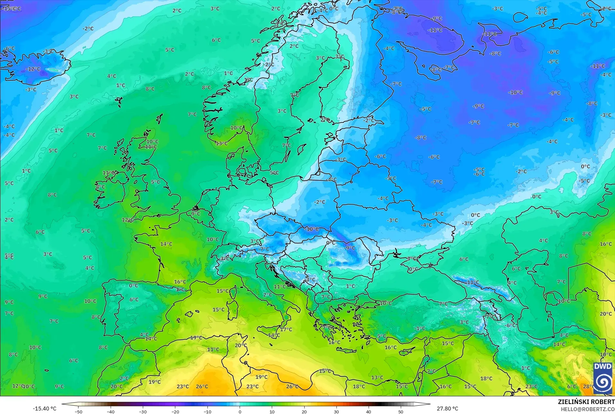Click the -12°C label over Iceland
pos(33,69)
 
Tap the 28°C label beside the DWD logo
pos(588,386)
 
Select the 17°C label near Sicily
pos(286,329)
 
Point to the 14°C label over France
pos(166,244)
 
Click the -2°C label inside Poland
pos(320,202)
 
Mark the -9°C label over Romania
pos(350,248)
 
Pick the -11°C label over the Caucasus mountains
pos(473,282)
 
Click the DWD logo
pos(603,378)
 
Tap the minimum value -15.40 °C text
pos(44,409)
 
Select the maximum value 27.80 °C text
pos(447,409)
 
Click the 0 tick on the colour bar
pos(240,411)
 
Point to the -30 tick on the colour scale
pos(143,411)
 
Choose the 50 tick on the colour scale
pos(401,411)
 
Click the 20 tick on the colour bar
pos(304,411)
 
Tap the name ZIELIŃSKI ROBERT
pos(586,402)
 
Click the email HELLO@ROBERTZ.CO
pos(588,409)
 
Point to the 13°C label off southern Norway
pos(222,143)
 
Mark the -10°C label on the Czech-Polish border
pos(312,229)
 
